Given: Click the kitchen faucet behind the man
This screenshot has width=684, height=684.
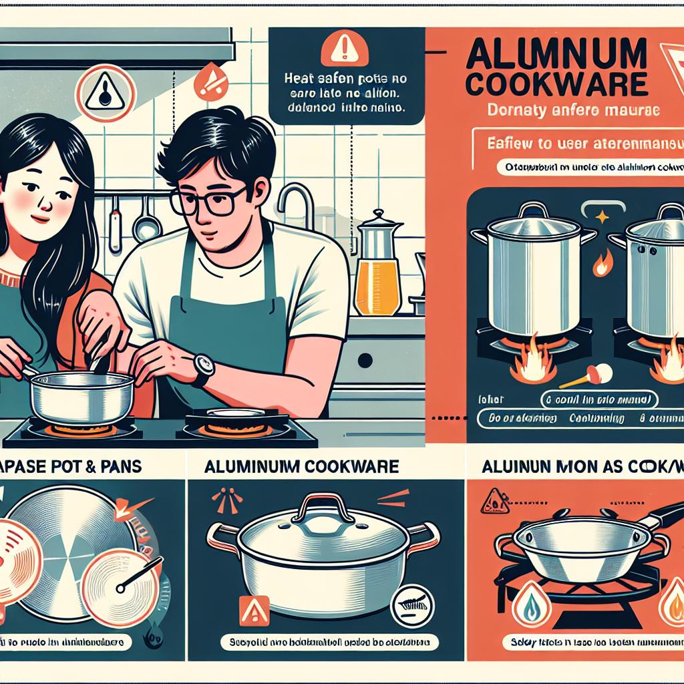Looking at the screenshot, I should click(x=293, y=200).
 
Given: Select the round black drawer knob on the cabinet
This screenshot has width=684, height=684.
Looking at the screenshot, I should click(x=365, y=361).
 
